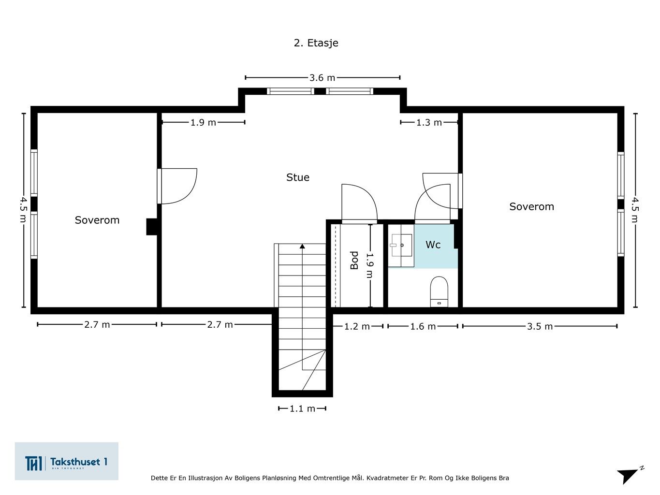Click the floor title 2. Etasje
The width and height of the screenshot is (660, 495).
316,43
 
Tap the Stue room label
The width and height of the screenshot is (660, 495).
297,177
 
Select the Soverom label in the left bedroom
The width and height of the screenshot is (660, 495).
97,220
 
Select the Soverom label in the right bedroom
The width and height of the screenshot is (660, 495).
531,206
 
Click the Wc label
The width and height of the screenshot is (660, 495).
433,245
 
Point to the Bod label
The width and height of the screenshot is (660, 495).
354,260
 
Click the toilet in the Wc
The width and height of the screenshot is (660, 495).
439,291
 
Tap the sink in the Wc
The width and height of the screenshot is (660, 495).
401,246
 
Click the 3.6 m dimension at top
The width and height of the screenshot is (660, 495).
322,77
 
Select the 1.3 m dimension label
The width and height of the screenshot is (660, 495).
429,122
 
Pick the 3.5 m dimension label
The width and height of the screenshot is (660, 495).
540,326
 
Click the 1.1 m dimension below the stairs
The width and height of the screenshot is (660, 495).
302,408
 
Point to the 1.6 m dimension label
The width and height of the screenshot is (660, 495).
423,326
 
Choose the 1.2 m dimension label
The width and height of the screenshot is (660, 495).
357,326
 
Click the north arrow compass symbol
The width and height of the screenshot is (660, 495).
629,475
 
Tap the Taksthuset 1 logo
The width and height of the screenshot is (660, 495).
67,462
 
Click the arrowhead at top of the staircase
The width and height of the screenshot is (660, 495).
302,246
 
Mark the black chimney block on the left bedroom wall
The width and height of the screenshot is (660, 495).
151,227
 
